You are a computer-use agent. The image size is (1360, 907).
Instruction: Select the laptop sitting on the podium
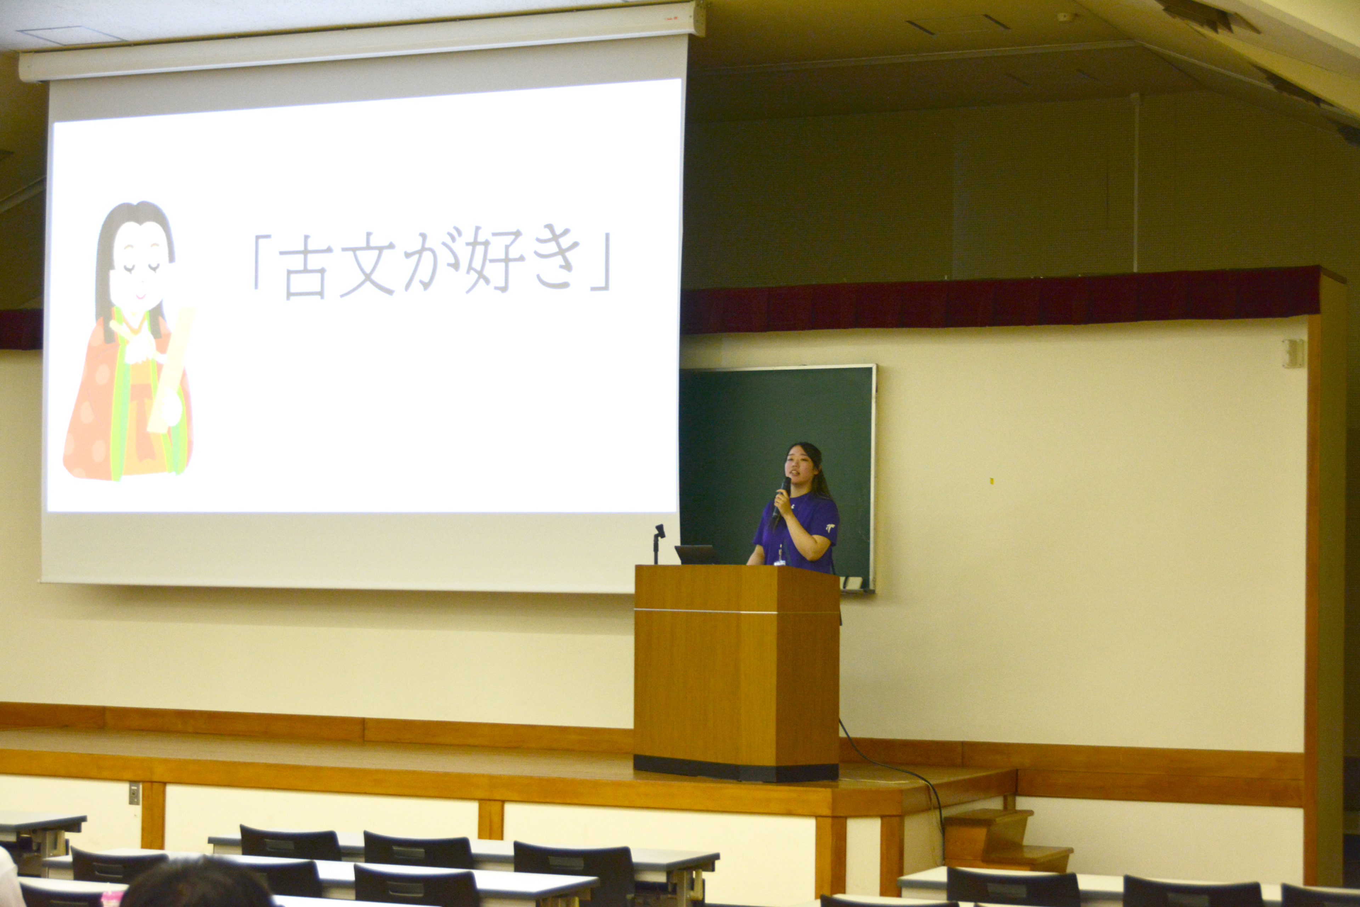point(695,555)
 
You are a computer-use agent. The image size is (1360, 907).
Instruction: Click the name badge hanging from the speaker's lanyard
point(780,560)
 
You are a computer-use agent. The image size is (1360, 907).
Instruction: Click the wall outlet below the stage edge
point(134,794)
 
